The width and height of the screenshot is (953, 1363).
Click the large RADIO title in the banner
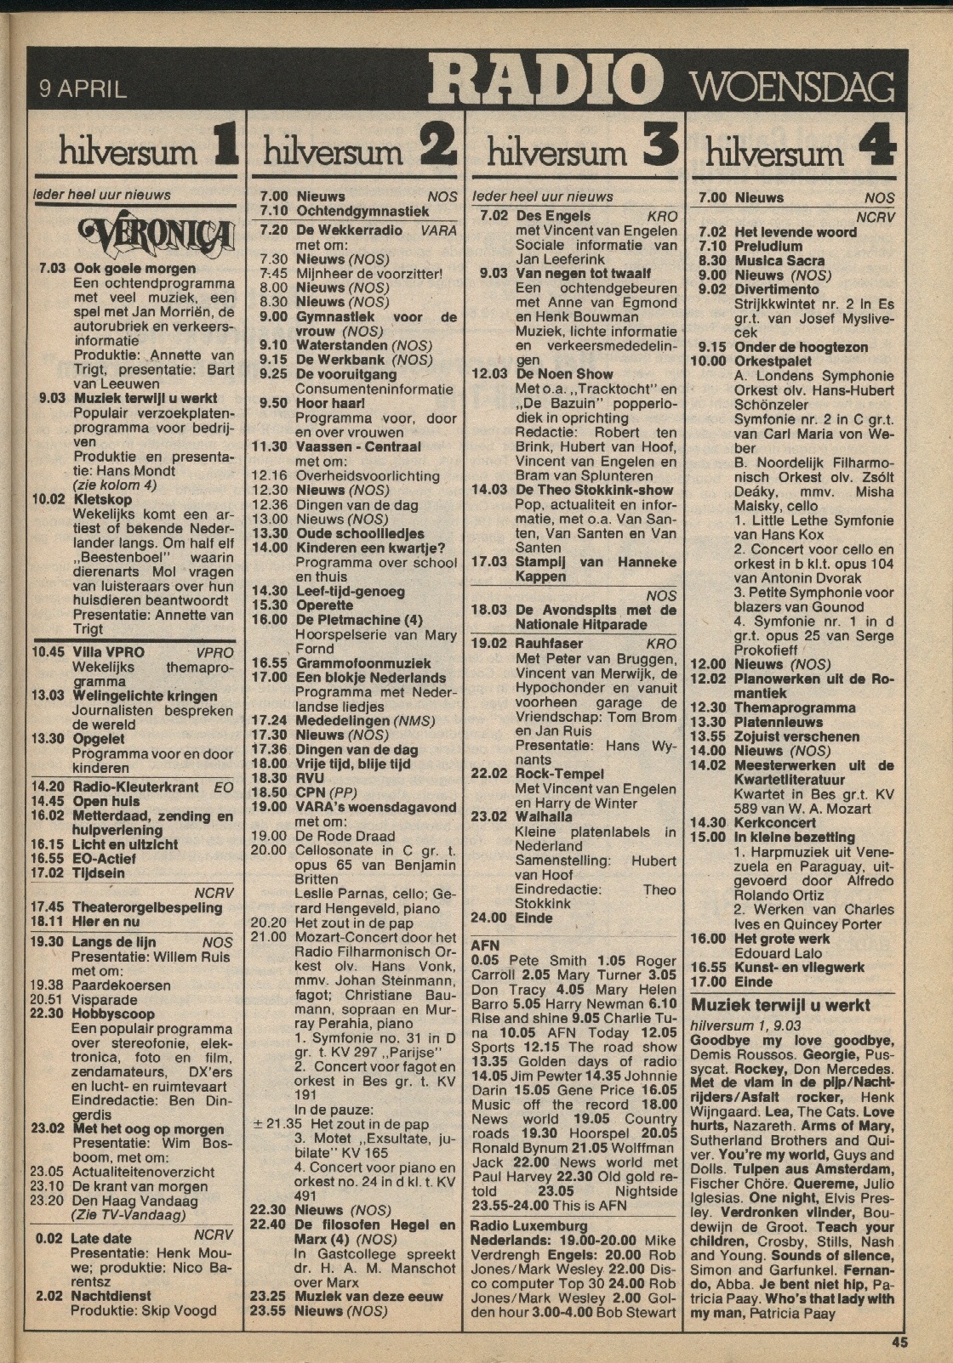545,80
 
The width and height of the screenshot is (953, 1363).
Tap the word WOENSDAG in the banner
790,87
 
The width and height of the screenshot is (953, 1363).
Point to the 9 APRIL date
83,88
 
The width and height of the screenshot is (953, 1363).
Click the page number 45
899,1343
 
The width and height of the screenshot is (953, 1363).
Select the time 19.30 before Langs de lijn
48,942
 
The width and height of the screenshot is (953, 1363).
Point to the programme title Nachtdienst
111,1296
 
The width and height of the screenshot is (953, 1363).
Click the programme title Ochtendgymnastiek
362,210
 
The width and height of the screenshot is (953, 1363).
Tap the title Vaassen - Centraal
358,446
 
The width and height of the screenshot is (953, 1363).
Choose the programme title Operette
324,605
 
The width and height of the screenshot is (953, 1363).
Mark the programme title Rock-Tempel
559,774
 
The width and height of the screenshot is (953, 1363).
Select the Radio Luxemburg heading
528,1226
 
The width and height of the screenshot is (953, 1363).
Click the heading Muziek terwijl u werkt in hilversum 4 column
780,1005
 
